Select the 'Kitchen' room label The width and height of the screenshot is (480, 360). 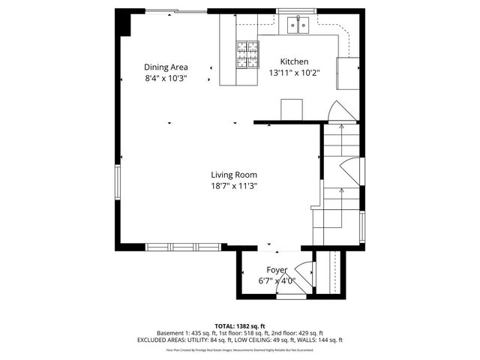(x=294, y=61)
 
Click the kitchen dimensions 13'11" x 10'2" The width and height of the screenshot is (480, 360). (x=294, y=73)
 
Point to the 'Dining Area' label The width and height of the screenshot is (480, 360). (x=166, y=67)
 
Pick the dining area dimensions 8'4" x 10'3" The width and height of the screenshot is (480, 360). (x=166, y=78)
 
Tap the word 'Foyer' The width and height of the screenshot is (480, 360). (x=277, y=270)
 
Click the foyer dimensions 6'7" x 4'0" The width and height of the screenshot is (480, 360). (x=277, y=281)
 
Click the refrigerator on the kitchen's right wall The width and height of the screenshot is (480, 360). (x=347, y=73)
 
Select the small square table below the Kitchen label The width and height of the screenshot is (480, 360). (x=292, y=109)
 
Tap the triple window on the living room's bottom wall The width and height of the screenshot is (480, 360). (x=183, y=246)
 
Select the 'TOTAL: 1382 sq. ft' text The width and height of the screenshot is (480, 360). (x=239, y=326)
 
